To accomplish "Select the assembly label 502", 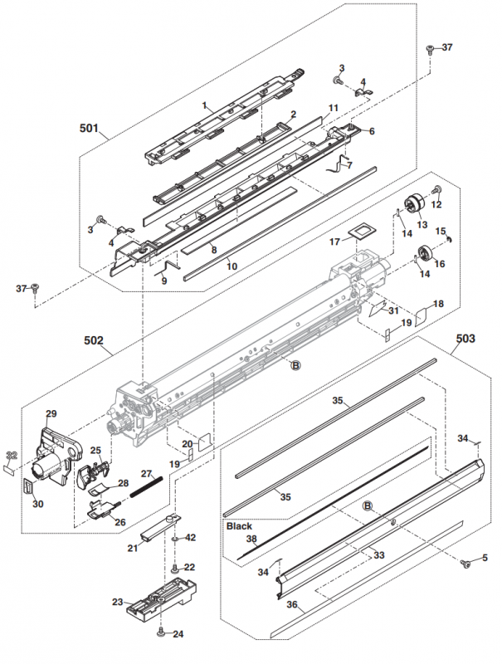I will pos(94,339).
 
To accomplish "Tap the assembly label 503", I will pos(466,339).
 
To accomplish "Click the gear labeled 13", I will pos(412,204).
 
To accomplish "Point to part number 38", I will pos(251,539).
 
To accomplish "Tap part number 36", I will pos(291,605).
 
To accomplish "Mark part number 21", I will pos(132,548).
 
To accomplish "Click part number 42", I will pos(191,538).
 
